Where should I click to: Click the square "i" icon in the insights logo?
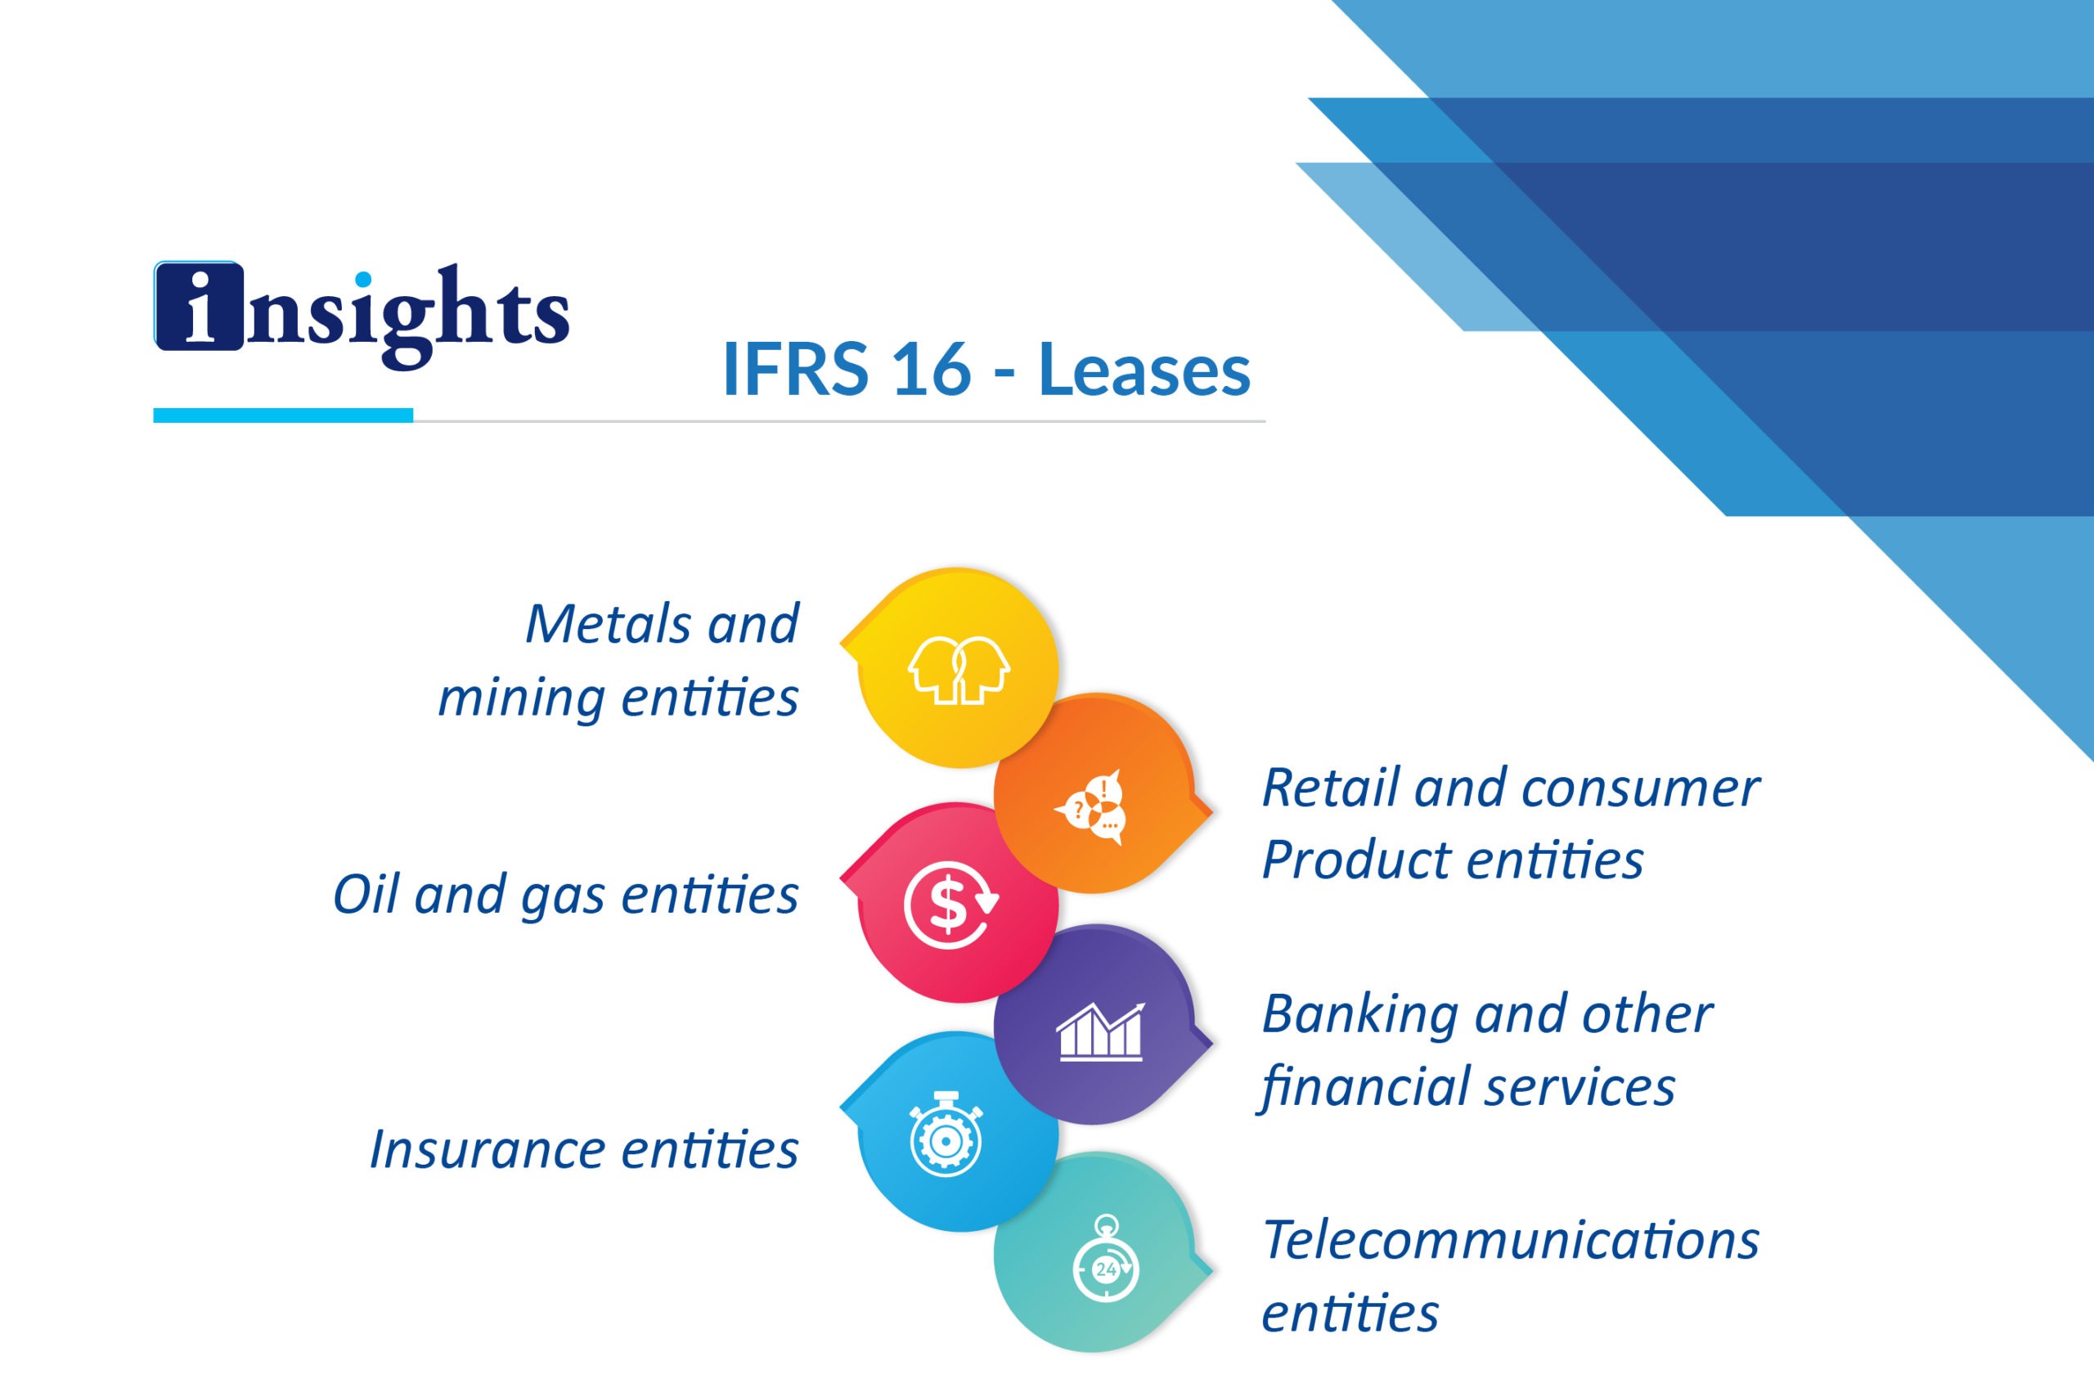tap(199, 306)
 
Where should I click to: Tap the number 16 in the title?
tap(929, 369)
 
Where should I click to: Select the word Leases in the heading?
tap(1144, 369)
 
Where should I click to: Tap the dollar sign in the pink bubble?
tap(946, 905)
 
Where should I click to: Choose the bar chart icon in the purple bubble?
tap(1100, 1031)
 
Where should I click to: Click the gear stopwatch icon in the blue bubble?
tap(945, 1134)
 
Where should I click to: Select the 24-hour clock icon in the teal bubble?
tap(1106, 1260)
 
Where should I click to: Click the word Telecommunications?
tap(1511, 1240)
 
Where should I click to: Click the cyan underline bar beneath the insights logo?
tap(283, 415)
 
